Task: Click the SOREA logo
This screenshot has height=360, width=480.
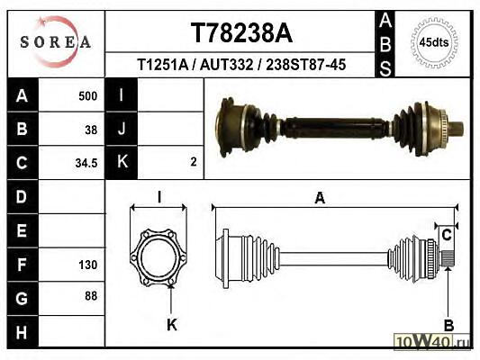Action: [x=56, y=42]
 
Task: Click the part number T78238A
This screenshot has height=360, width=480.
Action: [x=241, y=33]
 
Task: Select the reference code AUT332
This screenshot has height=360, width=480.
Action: [x=227, y=65]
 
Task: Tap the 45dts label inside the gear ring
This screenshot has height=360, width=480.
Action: [x=434, y=42]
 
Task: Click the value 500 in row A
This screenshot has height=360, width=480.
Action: [x=88, y=96]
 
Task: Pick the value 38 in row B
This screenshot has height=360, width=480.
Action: [x=91, y=130]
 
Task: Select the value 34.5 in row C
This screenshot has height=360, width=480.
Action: [x=86, y=163]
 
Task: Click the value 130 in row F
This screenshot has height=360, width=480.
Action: [x=88, y=265]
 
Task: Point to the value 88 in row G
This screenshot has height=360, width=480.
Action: [x=91, y=296]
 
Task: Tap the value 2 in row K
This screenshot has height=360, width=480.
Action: [x=193, y=161]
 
